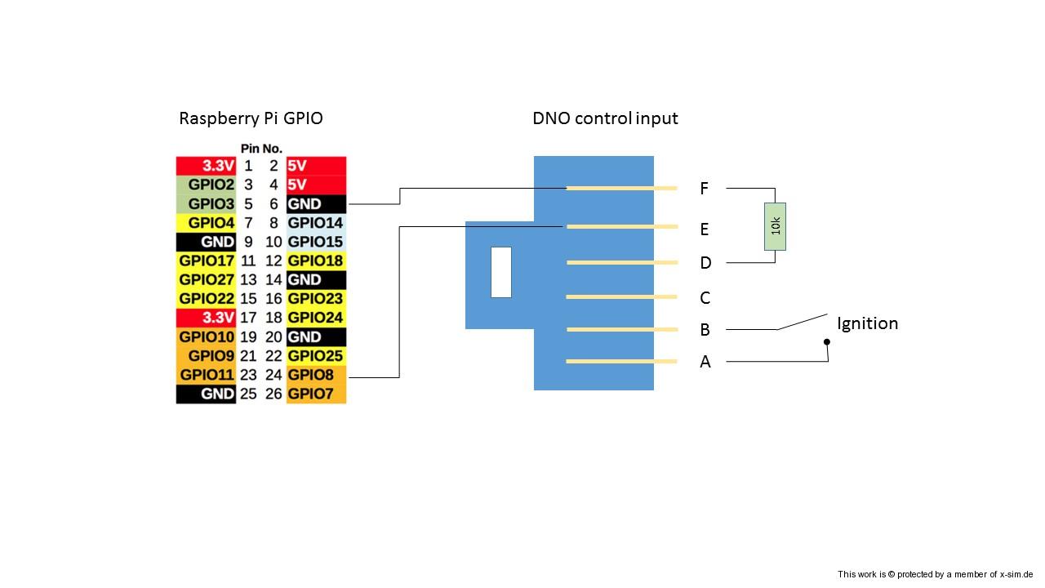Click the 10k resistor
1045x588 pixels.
point(776,226)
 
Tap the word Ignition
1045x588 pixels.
point(867,323)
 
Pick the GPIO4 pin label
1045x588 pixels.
point(206,223)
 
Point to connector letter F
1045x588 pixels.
point(704,189)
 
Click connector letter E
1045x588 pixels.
point(704,229)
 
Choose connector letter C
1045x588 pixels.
point(705,298)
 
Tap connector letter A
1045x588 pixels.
point(705,362)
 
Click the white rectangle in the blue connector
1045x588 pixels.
point(501,272)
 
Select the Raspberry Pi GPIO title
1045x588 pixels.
point(251,118)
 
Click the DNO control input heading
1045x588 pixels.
point(605,118)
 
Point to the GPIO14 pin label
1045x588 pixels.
point(316,223)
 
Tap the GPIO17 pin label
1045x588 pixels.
point(206,261)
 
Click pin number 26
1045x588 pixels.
point(273,394)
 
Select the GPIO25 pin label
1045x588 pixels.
point(316,356)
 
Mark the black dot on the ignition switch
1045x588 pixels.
point(826,342)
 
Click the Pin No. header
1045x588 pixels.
point(261,149)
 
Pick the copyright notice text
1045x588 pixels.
point(936,574)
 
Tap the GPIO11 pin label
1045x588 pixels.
point(206,376)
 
